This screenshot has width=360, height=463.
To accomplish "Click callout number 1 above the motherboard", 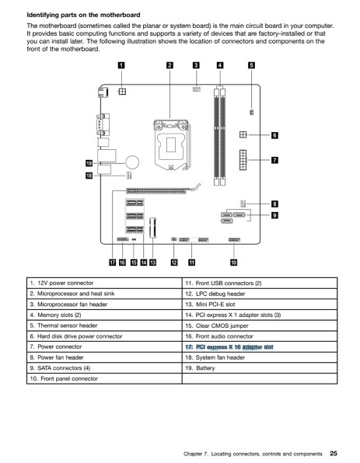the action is (x=121, y=65).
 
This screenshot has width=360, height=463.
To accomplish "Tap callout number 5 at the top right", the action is (x=251, y=65).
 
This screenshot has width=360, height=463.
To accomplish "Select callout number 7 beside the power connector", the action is (x=274, y=160).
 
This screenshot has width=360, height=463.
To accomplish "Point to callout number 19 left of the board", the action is (x=89, y=163).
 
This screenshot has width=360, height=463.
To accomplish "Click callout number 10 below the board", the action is (x=233, y=263).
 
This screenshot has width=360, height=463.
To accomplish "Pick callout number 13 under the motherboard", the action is (x=152, y=263).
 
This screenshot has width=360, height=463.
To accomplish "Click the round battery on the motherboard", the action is (x=132, y=162).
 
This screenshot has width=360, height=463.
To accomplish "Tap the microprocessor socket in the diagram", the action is (x=171, y=145).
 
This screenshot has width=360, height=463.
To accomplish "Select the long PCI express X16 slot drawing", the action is (x=156, y=190).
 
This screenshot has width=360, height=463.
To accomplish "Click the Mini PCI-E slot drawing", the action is (x=153, y=228).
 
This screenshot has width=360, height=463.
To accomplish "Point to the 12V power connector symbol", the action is (x=122, y=92).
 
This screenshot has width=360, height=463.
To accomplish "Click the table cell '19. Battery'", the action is (x=260, y=368).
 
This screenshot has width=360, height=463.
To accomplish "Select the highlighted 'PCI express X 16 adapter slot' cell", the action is (x=260, y=347).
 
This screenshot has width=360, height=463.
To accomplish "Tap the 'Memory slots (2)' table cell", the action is (x=104, y=315).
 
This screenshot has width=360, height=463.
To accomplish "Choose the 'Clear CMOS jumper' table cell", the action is (x=260, y=325).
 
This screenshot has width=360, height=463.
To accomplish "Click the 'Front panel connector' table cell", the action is (x=104, y=379).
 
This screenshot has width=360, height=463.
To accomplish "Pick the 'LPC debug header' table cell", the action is (x=260, y=294).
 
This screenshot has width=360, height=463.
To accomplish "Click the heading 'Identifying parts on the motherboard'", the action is (x=84, y=15).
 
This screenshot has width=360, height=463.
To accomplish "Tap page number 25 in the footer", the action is (x=334, y=453).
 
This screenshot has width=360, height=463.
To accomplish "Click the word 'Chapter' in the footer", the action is (x=193, y=454).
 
